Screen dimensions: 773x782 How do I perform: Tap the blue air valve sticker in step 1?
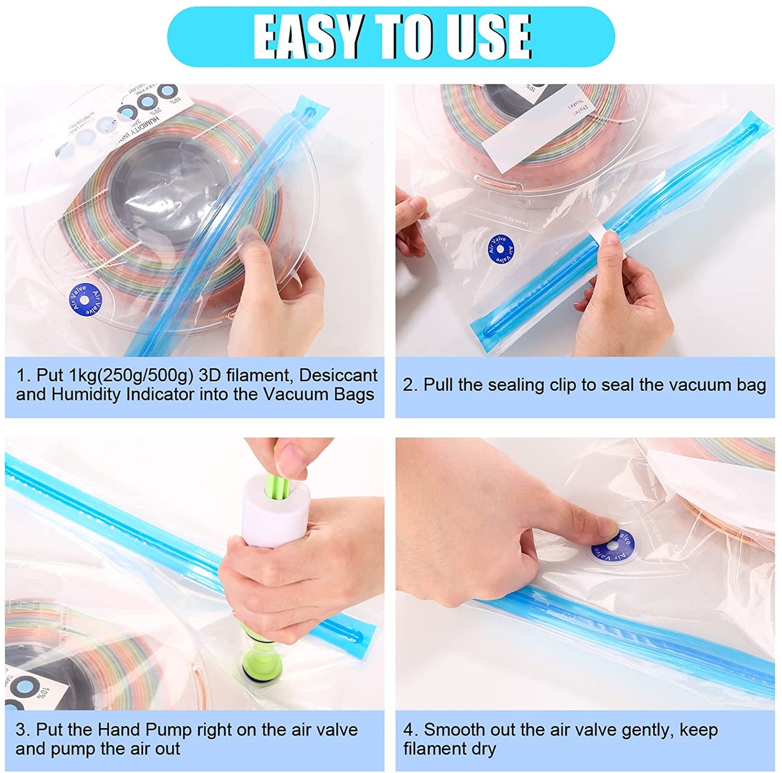86,299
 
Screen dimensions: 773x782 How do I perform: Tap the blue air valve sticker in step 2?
501,250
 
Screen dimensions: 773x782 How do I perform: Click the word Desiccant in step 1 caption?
338,375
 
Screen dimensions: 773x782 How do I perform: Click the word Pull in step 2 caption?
438,385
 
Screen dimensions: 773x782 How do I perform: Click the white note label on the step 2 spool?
536,130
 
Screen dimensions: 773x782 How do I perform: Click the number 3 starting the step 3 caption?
20,730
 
